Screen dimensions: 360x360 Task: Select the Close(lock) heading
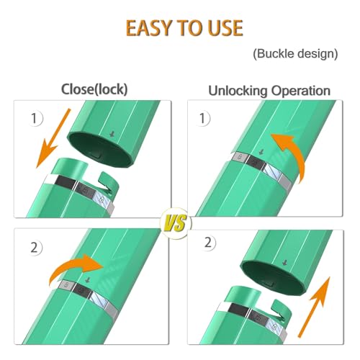click(x=94, y=89)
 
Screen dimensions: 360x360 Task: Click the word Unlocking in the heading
click(x=238, y=91)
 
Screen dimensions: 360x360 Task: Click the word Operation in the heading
click(x=301, y=91)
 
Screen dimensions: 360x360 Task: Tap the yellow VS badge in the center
click(x=176, y=223)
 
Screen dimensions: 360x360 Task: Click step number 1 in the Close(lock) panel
click(x=35, y=118)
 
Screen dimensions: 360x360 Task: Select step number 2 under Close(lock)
click(x=34, y=248)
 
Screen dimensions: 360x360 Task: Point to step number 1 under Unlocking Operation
click(x=202, y=118)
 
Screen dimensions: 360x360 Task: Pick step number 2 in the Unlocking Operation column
click(x=208, y=243)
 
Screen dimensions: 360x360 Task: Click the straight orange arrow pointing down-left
click(x=53, y=138)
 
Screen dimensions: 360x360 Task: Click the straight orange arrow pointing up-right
click(x=314, y=307)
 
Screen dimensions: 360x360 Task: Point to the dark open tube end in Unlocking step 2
click(x=272, y=279)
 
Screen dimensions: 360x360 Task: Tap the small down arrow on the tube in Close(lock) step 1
click(x=112, y=134)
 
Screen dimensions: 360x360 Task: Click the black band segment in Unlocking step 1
click(x=255, y=163)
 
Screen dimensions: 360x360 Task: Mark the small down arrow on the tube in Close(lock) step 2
click(x=88, y=280)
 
